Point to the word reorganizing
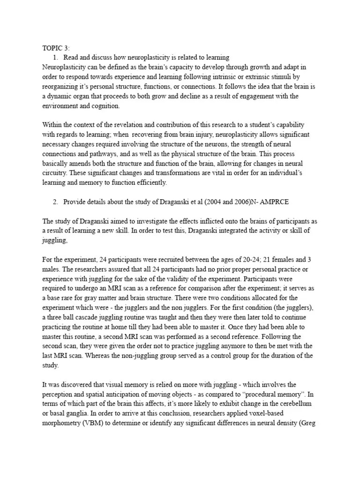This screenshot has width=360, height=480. point(62,86)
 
